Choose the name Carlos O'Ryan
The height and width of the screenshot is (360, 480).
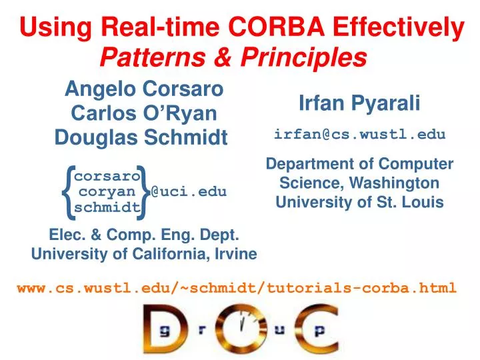[143, 113]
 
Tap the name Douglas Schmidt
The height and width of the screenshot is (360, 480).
[141, 137]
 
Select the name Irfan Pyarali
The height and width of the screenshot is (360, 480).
[359, 103]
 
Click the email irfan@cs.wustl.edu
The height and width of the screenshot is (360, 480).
[359, 134]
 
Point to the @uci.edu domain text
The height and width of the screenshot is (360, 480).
[189, 192]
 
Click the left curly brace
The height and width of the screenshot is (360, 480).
[66, 192]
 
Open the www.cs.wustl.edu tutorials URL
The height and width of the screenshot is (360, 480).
[237, 288]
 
